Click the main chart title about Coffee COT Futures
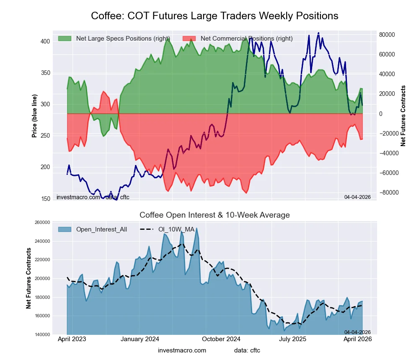215,16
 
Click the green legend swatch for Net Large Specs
65,39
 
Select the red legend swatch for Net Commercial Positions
189,39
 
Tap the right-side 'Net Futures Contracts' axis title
403,116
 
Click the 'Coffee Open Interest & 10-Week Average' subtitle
215,215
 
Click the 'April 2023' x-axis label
72,339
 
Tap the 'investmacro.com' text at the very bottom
182,350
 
